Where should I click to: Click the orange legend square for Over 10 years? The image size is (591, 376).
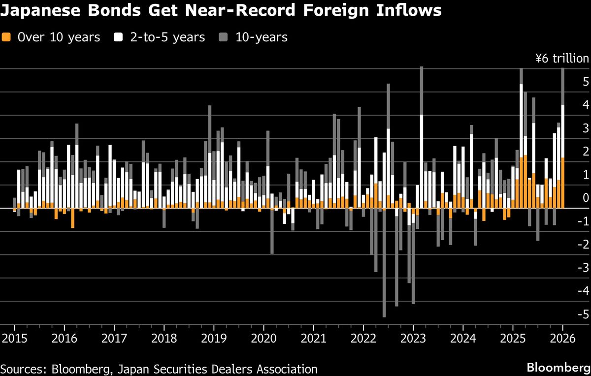6,37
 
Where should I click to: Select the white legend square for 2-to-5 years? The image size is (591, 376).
119,37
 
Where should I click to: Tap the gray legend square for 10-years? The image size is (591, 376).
224,37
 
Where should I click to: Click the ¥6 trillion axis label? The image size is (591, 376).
562,59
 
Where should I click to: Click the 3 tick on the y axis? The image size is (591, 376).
585,128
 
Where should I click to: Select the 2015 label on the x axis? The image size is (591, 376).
14,339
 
